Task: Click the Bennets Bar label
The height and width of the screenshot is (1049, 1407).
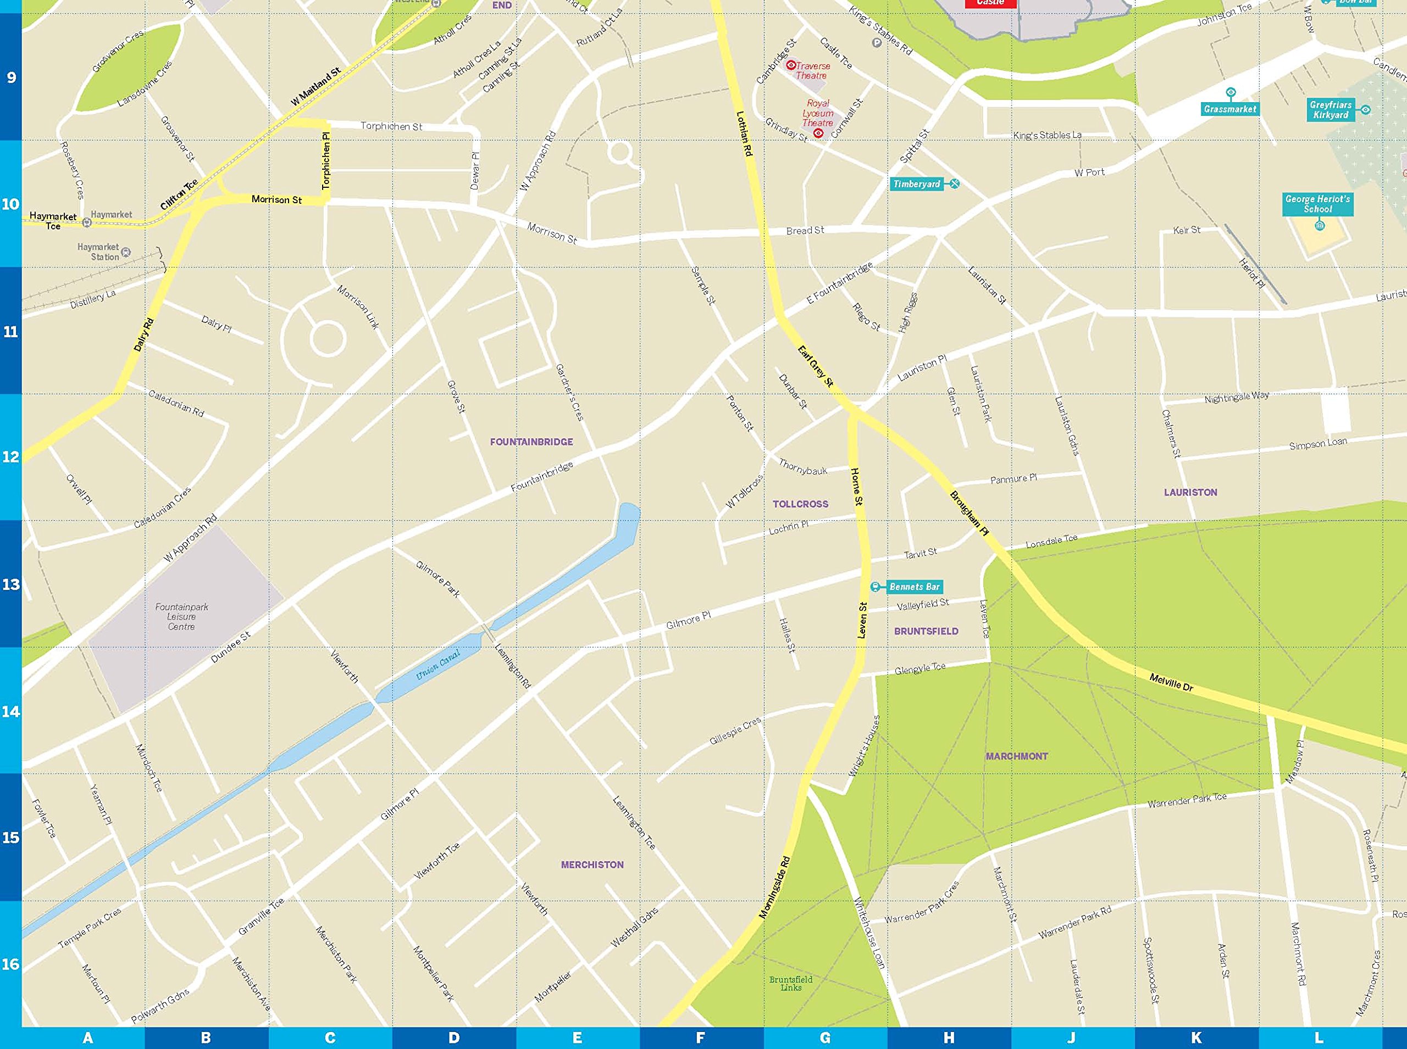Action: pyautogui.click(x=914, y=587)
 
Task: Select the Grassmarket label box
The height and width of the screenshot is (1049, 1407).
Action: pyautogui.click(x=1229, y=109)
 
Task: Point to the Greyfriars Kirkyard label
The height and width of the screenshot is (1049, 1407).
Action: pyautogui.click(x=1330, y=110)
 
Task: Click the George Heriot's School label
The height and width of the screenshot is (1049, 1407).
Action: pyautogui.click(x=1317, y=204)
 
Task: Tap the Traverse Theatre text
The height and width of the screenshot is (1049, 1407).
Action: pyautogui.click(x=812, y=70)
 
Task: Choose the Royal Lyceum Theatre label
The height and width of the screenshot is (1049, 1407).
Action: pyautogui.click(x=817, y=113)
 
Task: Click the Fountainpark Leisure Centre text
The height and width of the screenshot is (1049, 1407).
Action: pyautogui.click(x=181, y=617)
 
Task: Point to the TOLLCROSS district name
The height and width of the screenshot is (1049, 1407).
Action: pyautogui.click(x=800, y=504)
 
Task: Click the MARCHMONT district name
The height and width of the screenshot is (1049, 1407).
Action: pyautogui.click(x=1016, y=756)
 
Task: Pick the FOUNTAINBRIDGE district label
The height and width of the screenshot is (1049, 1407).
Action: pyautogui.click(x=531, y=442)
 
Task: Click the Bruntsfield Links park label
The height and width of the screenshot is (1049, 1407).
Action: pyautogui.click(x=790, y=984)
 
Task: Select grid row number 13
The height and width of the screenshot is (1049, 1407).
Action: pyautogui.click(x=11, y=584)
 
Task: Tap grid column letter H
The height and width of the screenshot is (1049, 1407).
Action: pyautogui.click(x=948, y=1038)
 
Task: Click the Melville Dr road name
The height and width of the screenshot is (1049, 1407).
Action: pyautogui.click(x=1171, y=683)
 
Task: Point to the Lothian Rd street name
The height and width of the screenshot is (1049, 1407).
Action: pyautogui.click(x=744, y=134)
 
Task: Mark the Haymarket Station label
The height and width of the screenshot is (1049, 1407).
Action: pyautogui.click(x=98, y=252)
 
